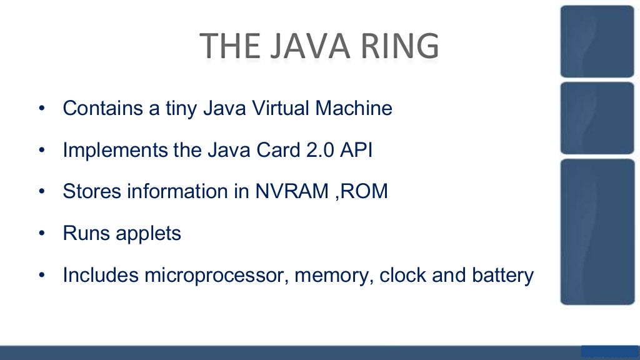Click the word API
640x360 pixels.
(x=353, y=151)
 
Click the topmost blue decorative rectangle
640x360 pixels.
(x=597, y=41)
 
